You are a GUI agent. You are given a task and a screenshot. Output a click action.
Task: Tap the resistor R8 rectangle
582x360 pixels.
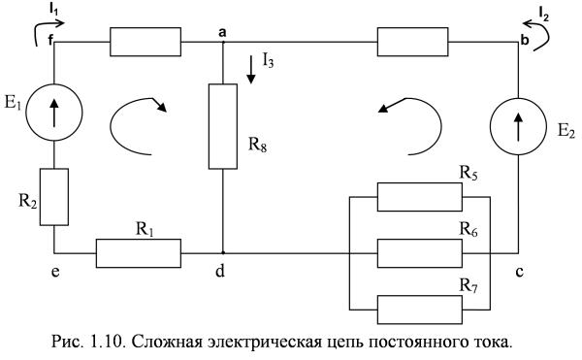click(223, 126)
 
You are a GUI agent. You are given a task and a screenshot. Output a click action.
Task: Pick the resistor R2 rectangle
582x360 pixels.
click(53, 196)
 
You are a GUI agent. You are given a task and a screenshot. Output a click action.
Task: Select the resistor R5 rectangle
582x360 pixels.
click(419, 196)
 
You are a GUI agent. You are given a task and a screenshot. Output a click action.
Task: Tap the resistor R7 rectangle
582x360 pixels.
click(419, 309)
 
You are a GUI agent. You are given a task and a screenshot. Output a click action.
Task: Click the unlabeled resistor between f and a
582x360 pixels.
click(145, 43)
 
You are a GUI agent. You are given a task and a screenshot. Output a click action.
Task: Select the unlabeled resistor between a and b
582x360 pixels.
click(412, 43)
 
